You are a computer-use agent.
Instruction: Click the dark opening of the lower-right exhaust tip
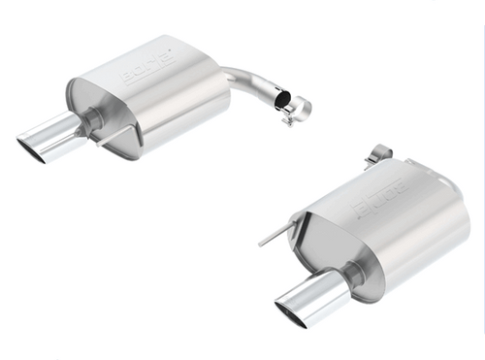290,311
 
